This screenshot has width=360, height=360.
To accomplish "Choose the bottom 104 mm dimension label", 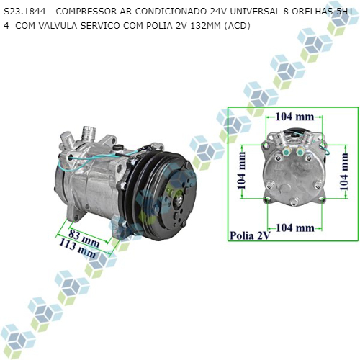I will pyautogui.click(x=295, y=228).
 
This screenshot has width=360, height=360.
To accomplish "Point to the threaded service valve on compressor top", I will pyautogui.click(x=89, y=132).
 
